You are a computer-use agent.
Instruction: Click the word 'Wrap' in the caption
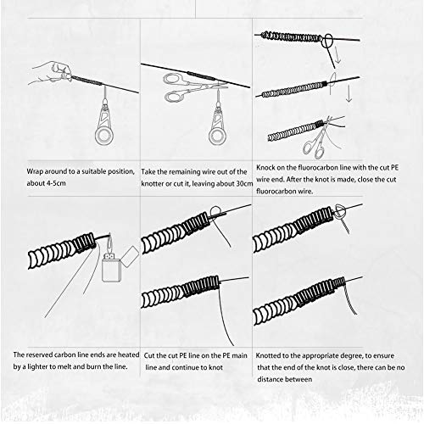(25, 170)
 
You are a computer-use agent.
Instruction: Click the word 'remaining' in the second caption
(187, 170)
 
